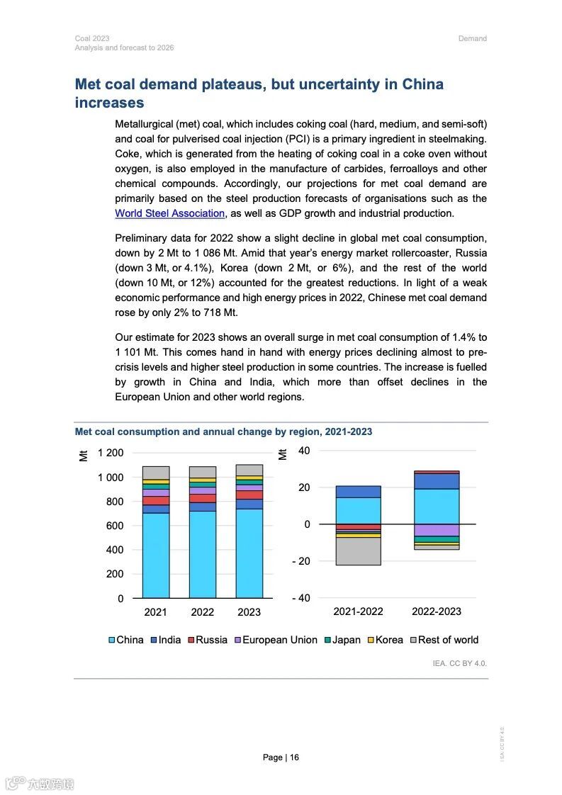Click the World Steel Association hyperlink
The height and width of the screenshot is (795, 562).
pyautogui.click(x=170, y=213)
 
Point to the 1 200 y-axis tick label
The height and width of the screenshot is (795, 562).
pyautogui.click(x=111, y=453)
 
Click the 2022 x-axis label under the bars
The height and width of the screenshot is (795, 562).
pyautogui.click(x=203, y=611)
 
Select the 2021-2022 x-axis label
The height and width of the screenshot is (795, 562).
pyautogui.click(x=358, y=611)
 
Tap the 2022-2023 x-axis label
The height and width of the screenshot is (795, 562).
pyautogui.click(x=437, y=611)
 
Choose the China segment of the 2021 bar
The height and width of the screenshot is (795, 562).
pyautogui.click(x=156, y=555)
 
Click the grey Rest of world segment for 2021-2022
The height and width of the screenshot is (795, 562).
pyautogui.click(x=358, y=551)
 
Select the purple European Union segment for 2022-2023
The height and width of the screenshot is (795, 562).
pyautogui.click(x=437, y=530)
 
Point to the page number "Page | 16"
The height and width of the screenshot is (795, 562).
pyautogui.click(x=281, y=757)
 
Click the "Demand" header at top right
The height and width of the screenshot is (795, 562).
pyautogui.click(x=473, y=38)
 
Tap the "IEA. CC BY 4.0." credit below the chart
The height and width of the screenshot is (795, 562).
pyautogui.click(x=460, y=664)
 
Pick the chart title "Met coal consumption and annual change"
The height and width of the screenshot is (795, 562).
pyautogui.click(x=223, y=432)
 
